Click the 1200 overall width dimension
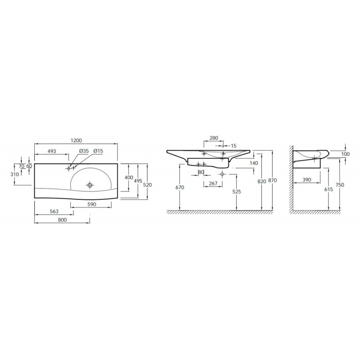pos(76,140)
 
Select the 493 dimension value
pos(52,151)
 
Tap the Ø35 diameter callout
pos(84,151)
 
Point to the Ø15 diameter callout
pos(98,151)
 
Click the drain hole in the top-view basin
pos(90,184)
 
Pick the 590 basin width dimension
pos(92,204)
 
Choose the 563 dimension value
pos(54,211)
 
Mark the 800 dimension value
pos(62,220)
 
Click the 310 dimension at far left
pos(15,175)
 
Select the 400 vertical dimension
pos(129,177)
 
